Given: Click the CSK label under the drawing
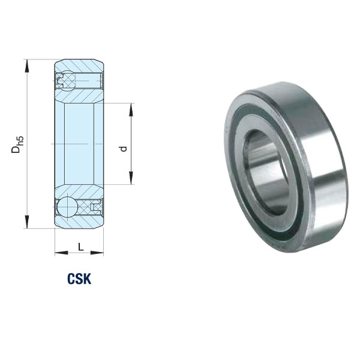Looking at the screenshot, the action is (79, 278).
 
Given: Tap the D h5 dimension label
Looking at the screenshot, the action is (17, 145).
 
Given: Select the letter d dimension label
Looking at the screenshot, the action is (124, 149).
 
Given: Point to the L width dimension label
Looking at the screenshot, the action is (80, 247).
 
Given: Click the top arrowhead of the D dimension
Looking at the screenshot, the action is (27, 66).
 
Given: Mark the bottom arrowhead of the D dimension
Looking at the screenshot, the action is (27, 222).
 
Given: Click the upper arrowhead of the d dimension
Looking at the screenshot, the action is (131, 110).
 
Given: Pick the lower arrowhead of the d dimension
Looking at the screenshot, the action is (131, 178).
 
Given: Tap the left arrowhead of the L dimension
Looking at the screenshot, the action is (62, 253).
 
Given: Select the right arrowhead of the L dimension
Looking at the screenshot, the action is (97, 253).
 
